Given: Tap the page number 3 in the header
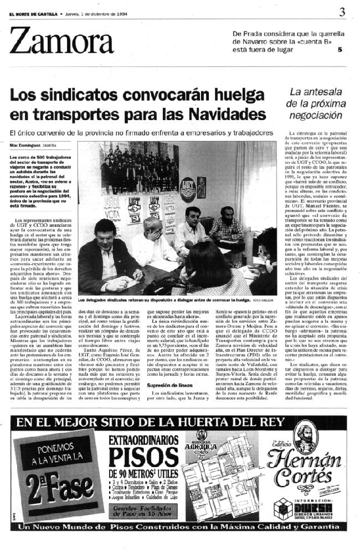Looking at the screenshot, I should point(343,12).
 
